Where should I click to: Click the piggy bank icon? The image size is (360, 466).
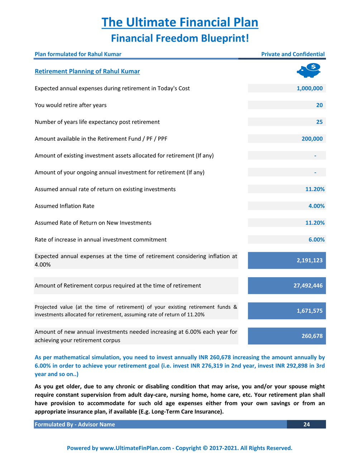click(309, 71)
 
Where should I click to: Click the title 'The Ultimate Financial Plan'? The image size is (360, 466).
click(180, 22)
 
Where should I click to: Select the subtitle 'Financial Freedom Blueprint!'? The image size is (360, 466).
click(180, 38)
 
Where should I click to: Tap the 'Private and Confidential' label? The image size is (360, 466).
click(293, 54)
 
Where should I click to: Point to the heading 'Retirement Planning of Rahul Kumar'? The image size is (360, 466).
click(87, 71)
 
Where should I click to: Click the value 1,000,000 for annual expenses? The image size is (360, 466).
click(309, 88)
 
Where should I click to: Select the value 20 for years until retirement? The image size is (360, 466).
click(319, 105)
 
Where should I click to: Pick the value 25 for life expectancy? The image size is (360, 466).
click(319, 122)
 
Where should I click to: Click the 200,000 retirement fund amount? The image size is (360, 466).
click(312, 139)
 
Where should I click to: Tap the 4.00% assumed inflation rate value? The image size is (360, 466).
click(316, 206)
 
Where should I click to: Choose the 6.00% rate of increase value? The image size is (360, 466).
click(316, 240)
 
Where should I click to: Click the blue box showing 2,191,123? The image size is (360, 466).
click(287, 260)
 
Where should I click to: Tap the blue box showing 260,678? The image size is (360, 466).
click(287, 336)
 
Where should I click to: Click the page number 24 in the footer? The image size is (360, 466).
click(307, 424)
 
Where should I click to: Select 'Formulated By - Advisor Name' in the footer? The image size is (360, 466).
click(75, 424)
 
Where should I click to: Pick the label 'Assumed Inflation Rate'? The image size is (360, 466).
click(64, 206)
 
